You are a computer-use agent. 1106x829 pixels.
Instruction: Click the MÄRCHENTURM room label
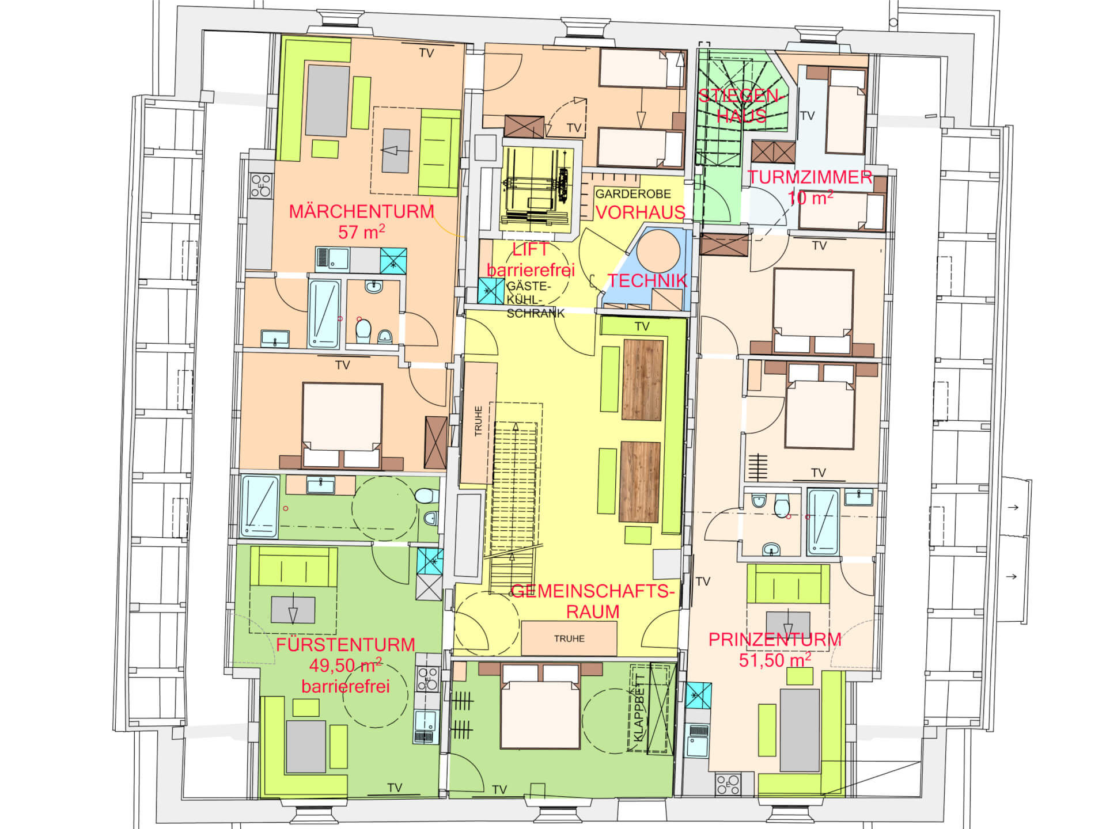[362, 211]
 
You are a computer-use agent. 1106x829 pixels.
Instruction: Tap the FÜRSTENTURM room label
[346, 644]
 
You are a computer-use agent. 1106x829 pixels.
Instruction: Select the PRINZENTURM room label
[775, 640]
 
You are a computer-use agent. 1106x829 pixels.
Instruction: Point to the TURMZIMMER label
[810, 177]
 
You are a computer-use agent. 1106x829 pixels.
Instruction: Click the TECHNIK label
[647, 280]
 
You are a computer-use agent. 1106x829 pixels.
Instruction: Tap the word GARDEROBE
[633, 194]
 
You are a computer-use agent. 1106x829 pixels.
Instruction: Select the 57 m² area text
[362, 232]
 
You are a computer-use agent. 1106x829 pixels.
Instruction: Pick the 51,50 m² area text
[775, 660]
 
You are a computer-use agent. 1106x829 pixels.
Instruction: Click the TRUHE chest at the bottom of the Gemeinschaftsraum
[569, 638]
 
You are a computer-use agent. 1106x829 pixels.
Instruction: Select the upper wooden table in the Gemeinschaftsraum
[642, 381]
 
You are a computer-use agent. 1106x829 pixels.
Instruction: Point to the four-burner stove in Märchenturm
[261, 185]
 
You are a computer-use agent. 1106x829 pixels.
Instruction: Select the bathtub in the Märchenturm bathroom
[324, 314]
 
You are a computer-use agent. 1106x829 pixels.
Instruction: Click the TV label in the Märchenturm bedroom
[342, 365]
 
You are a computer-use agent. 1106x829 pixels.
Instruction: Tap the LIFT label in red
[530, 250]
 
